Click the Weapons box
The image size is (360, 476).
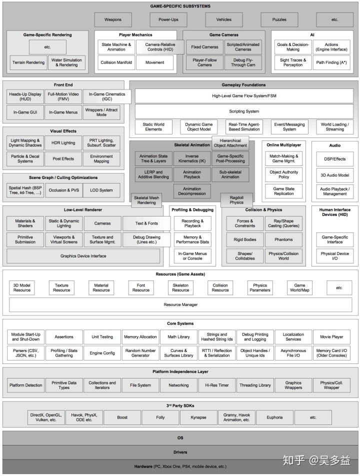coord(112,19)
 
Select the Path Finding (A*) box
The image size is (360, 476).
coord(331,63)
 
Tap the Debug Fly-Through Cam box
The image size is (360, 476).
coord(243,63)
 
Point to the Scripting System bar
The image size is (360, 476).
coord(244,111)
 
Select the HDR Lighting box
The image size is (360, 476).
coord(63,143)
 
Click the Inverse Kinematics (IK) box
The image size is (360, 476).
coord(192,159)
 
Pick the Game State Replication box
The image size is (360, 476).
coord(283,191)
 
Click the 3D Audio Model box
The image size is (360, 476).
coord(335,175)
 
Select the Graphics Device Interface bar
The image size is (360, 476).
coord(83,256)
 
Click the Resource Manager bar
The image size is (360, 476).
coord(180,304)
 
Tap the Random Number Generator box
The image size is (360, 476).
coord(140,353)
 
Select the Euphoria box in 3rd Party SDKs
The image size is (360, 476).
coord(273,417)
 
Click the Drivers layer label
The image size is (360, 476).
coord(180,452)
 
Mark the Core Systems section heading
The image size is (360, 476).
coord(180,323)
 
